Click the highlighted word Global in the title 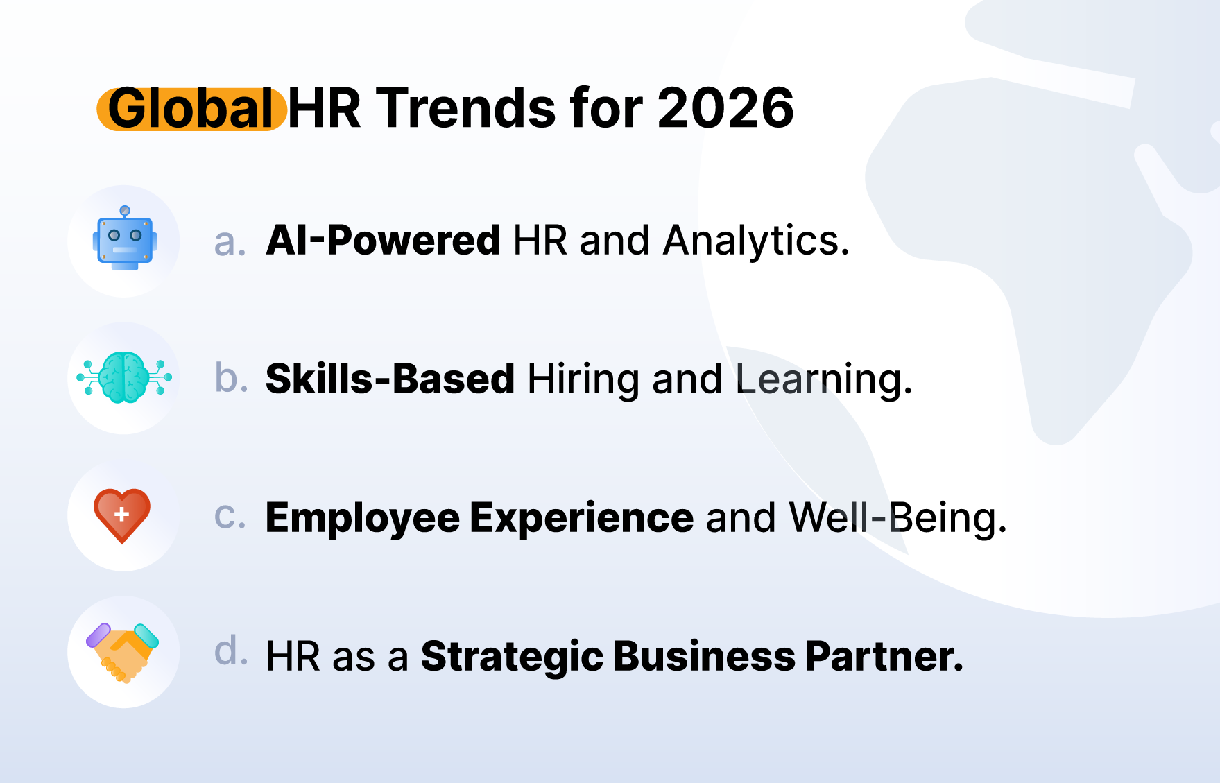point(191,109)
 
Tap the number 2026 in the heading point(725,109)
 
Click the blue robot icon point(125,238)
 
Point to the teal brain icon point(124,378)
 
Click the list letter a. point(230,243)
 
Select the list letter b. point(231,378)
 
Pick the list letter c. point(230,517)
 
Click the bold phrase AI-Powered point(383,241)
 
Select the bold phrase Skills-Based point(390,379)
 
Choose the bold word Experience point(582,519)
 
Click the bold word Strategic point(512,657)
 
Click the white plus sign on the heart point(122,514)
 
